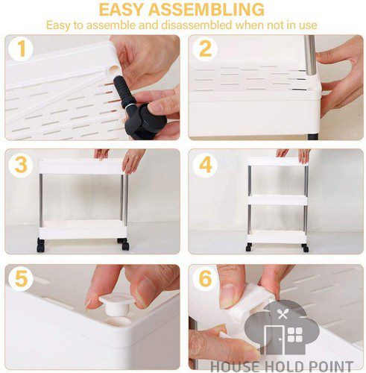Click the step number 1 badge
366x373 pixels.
coord(21,48)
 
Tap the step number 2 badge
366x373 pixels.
coord(205,48)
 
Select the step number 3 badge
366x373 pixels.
coord(21,165)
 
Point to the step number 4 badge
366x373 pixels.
coord(205,165)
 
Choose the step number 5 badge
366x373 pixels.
coord(21,278)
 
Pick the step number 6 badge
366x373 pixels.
coord(205,278)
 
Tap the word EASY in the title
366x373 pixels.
coord(122,10)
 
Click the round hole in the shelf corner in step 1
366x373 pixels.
coord(113,70)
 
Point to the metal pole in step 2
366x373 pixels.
coord(310,55)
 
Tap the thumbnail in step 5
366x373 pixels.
coord(145,291)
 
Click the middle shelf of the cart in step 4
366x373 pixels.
coord(277,200)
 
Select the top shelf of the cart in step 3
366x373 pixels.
coord(81,166)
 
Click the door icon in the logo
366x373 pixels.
coord(274,339)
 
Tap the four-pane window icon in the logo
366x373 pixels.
coord(295,335)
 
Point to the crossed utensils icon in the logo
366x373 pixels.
coord(283,313)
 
